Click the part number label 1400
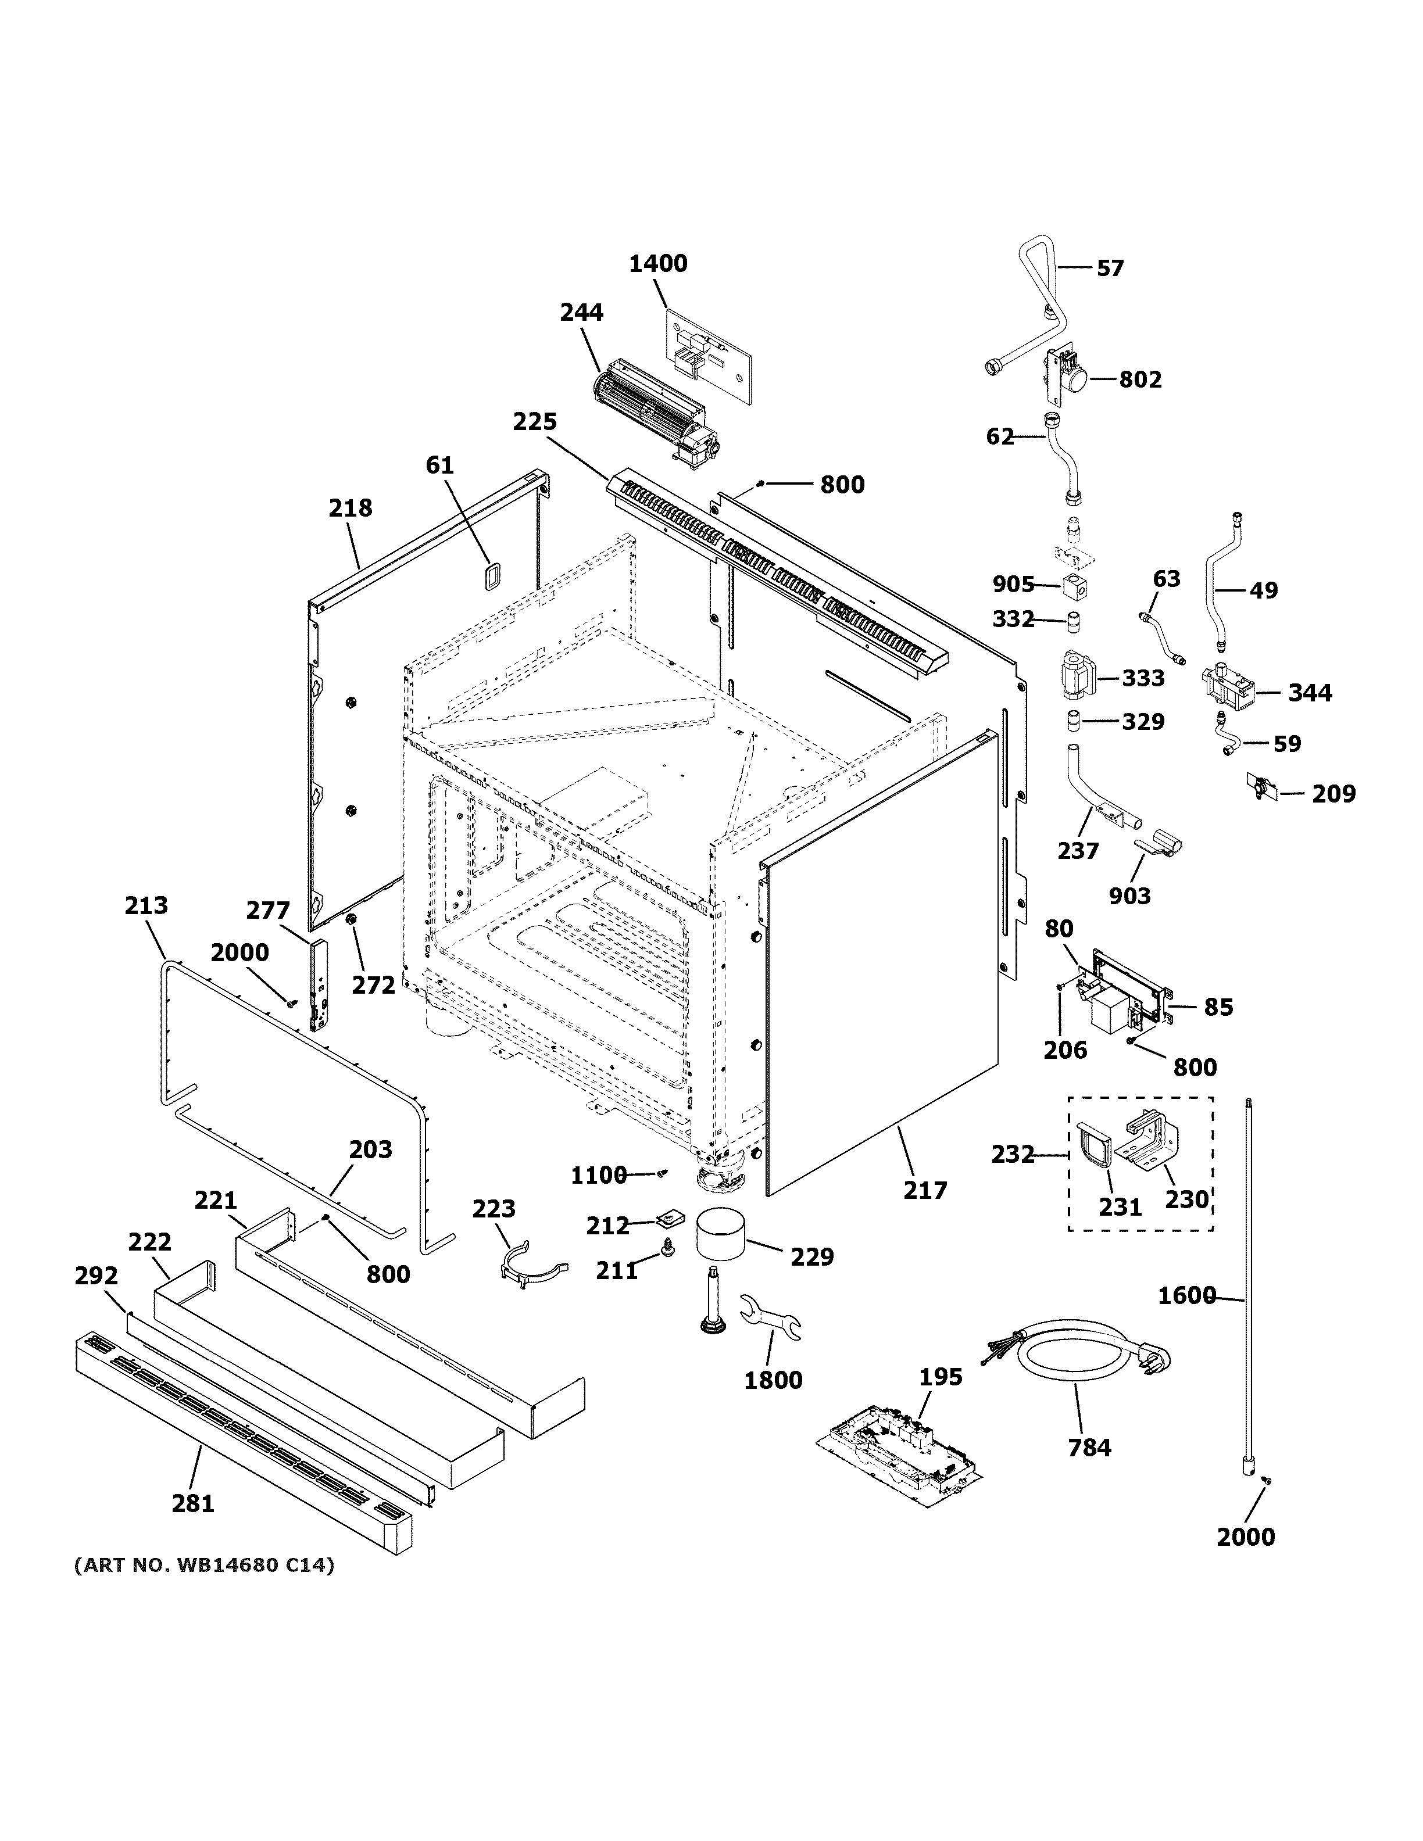click(x=657, y=264)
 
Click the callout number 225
click(x=534, y=421)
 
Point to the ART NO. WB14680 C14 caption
click(x=204, y=1566)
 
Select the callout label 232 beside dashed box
click(x=1013, y=1154)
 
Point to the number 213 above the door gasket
click(x=146, y=905)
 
